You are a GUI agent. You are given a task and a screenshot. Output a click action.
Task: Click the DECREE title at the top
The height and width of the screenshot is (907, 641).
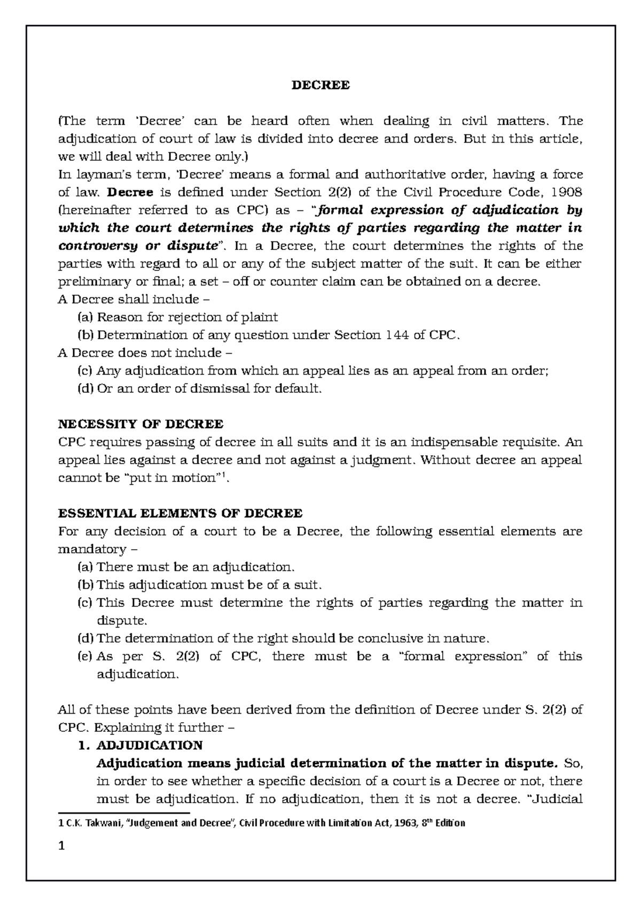(x=320, y=85)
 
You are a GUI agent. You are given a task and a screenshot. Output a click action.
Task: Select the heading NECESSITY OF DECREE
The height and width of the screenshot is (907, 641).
(x=140, y=424)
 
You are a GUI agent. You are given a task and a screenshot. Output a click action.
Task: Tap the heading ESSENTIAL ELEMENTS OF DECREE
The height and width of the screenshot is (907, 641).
(x=180, y=513)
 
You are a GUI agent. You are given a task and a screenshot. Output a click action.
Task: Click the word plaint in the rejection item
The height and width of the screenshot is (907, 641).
(x=258, y=317)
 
